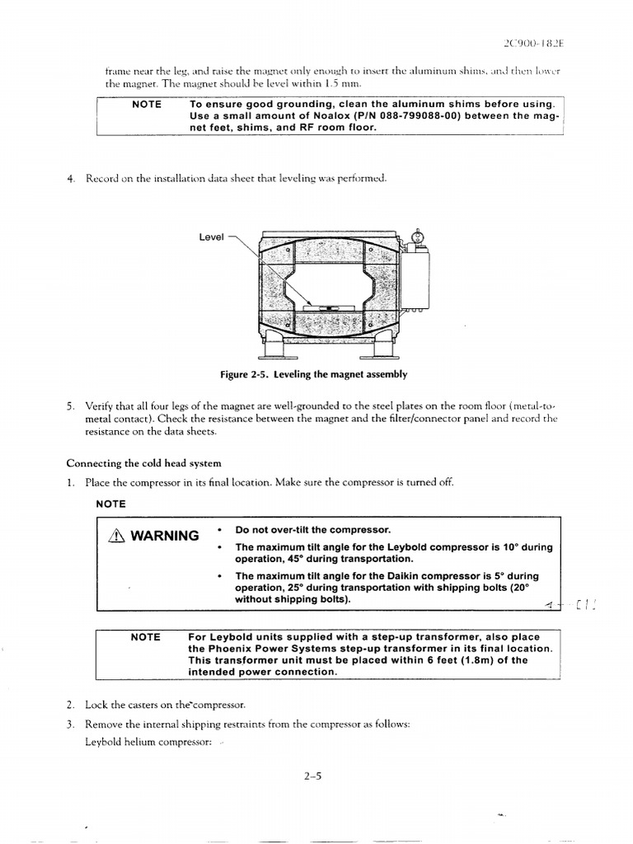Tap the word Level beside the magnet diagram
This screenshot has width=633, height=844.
[x=212, y=237]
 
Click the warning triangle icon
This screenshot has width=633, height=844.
[x=115, y=536]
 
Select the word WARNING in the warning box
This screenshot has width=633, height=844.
[x=164, y=536]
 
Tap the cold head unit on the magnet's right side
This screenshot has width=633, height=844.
[x=417, y=276]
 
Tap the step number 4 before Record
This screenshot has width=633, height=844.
[x=71, y=179]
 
